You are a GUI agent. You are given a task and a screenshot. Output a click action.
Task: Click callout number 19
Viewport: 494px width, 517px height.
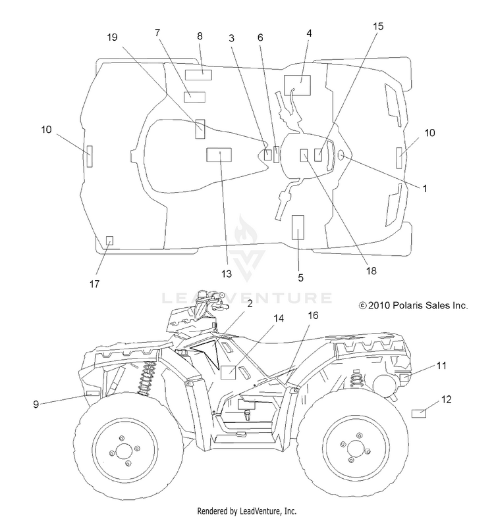(x=112, y=37)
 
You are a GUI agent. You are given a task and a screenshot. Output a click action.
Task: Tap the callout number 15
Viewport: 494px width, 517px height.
(x=379, y=26)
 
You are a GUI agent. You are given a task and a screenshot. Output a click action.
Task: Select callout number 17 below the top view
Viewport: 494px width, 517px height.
(x=94, y=283)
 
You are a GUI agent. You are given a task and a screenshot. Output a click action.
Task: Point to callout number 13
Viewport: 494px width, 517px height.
(x=227, y=274)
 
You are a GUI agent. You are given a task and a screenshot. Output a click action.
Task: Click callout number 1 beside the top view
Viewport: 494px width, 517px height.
(x=425, y=189)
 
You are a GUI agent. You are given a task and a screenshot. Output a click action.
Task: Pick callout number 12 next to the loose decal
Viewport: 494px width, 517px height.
(x=446, y=400)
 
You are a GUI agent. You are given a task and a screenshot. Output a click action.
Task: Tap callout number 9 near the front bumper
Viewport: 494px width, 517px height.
(x=36, y=405)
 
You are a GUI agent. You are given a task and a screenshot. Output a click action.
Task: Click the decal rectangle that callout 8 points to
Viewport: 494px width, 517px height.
(x=198, y=75)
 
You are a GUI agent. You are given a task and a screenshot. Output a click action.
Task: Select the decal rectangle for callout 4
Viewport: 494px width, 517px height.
(x=297, y=85)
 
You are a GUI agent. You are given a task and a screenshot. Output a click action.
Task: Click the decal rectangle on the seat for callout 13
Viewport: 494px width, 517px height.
(x=219, y=155)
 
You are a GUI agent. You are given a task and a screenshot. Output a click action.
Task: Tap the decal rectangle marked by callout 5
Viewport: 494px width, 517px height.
(x=298, y=227)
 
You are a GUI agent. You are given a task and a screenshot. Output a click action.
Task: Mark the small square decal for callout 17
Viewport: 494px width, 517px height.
(x=109, y=241)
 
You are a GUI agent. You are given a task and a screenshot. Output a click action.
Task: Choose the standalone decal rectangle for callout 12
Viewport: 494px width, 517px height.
(x=419, y=414)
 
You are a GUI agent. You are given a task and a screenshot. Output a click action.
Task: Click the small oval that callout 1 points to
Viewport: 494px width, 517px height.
(x=341, y=155)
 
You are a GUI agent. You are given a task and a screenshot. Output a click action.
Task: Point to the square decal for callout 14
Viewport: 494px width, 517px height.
(x=228, y=372)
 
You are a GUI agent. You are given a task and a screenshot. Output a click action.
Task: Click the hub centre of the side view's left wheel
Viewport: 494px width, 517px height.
(x=124, y=451)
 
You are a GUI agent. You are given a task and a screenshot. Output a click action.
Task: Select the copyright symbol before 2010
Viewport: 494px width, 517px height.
(x=362, y=306)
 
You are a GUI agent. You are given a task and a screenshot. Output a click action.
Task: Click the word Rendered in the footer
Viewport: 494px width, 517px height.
(x=211, y=511)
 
